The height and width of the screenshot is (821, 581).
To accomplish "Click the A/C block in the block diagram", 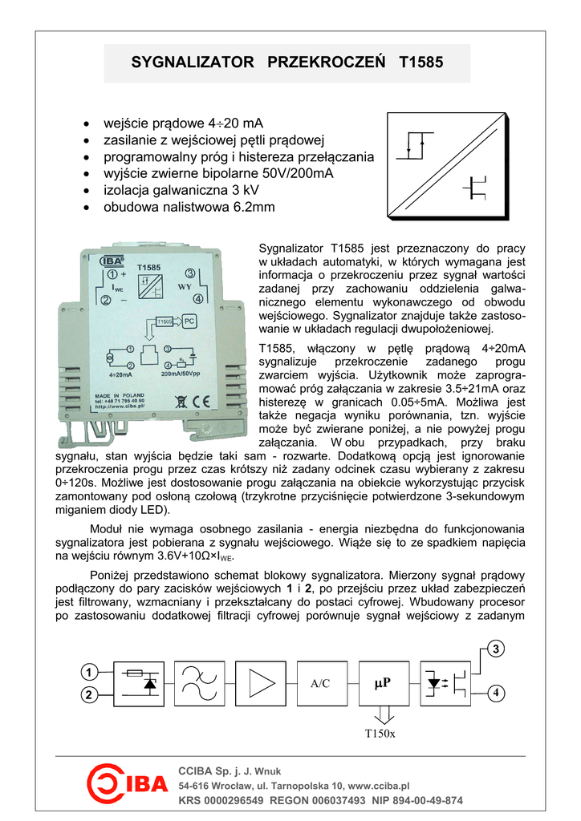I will [x=320, y=683].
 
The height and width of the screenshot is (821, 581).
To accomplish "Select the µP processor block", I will [x=381, y=683].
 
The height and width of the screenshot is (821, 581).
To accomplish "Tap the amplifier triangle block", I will [x=260, y=683].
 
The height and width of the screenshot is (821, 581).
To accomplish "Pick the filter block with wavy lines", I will [x=199, y=683].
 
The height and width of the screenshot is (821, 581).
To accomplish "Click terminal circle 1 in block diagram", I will [x=87, y=671].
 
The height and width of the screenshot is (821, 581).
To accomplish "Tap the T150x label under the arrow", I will [x=380, y=733].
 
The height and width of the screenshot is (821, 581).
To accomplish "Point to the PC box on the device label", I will [x=189, y=321].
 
